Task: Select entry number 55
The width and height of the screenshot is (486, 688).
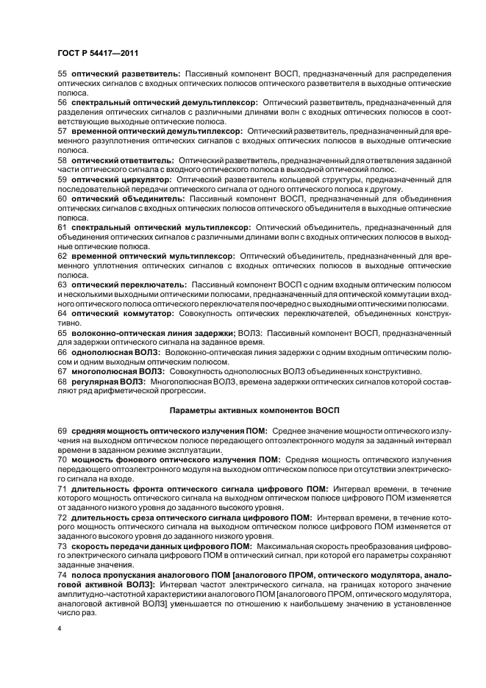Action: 62,75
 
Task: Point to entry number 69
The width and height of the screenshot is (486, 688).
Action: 62,429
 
